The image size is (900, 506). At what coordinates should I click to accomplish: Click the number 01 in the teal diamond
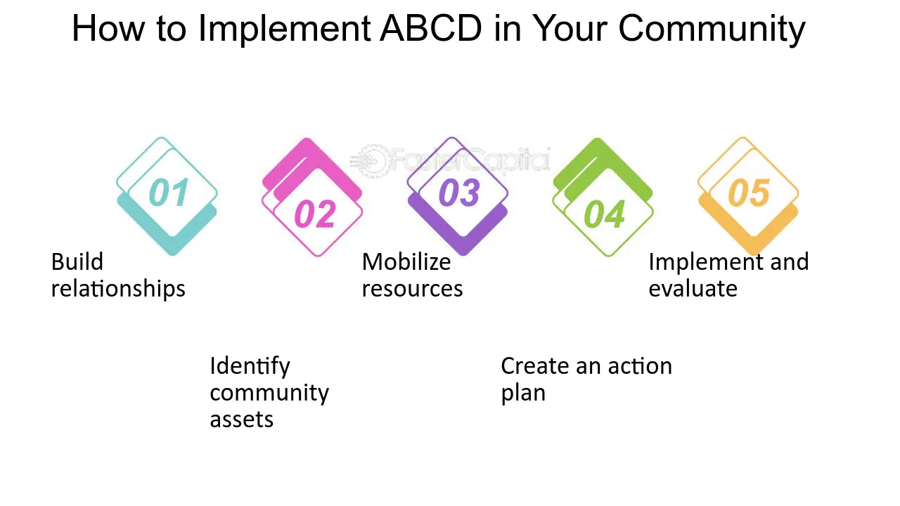tap(169, 193)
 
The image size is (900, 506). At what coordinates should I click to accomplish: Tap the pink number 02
tap(315, 214)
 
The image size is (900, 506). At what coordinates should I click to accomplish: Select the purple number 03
tap(460, 193)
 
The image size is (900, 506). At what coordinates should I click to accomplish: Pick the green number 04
tap(604, 214)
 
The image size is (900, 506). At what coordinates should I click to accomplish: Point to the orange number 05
tap(749, 193)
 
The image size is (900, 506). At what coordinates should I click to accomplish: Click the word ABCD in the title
tap(431, 28)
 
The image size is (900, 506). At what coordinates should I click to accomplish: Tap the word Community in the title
tap(712, 29)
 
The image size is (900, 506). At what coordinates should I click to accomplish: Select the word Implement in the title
tap(285, 29)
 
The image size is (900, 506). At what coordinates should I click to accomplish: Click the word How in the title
tap(108, 28)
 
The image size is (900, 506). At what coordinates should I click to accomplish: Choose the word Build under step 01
tap(77, 262)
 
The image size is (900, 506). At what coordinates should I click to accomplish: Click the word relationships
tap(118, 289)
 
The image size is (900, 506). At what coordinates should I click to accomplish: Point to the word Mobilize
tap(406, 262)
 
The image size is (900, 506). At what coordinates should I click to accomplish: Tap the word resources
tap(412, 289)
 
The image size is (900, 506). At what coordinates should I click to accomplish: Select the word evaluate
tap(693, 289)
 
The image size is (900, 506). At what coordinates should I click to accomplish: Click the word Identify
tap(250, 367)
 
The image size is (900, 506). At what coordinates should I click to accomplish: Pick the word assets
tap(241, 420)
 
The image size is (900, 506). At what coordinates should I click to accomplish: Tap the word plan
tap(523, 394)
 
